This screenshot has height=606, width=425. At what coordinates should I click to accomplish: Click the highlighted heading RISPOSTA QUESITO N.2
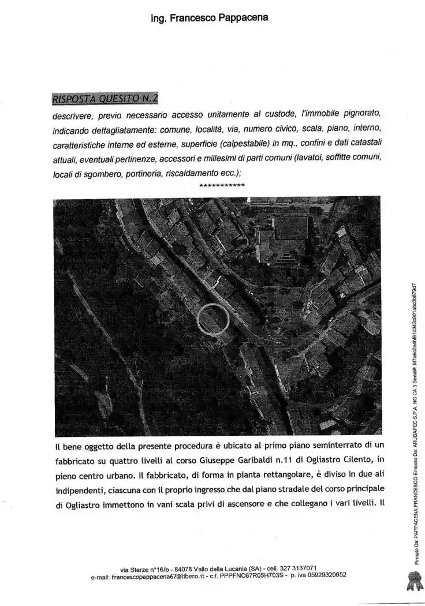[105, 98]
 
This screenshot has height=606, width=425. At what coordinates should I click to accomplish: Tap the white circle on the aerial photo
[213, 319]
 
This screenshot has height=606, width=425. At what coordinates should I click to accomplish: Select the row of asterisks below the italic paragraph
[221, 186]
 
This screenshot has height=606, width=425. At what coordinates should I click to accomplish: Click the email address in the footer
[151, 575]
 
